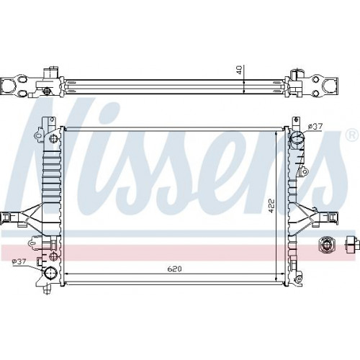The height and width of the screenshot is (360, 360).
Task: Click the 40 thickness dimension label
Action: [x=239, y=70]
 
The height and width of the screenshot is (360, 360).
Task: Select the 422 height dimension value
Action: [x=271, y=205]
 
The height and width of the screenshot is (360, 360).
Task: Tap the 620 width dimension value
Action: [x=174, y=269]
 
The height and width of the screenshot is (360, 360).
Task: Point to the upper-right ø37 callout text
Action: [x=315, y=126]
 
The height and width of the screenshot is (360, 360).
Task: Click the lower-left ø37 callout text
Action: [x=19, y=261]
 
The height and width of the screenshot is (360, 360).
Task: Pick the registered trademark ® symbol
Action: [x=351, y=136]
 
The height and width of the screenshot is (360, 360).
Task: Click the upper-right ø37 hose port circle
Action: [x=297, y=138]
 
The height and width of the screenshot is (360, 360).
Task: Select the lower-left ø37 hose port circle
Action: [x=50, y=274]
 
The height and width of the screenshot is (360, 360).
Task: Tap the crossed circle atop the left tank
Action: [x=53, y=138]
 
